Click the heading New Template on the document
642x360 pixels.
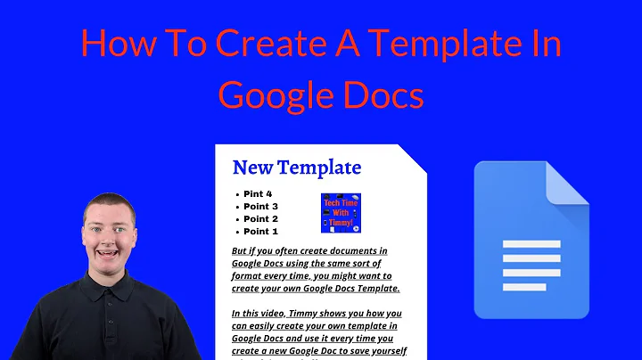pyautogui.click(x=296, y=167)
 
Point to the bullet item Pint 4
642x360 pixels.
pyautogui.click(x=258, y=194)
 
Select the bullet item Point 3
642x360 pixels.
pyautogui.click(x=261, y=207)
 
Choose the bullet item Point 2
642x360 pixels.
pyautogui.click(x=261, y=219)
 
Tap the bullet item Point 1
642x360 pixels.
pyautogui.click(x=261, y=232)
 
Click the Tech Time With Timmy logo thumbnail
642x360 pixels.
pyautogui.click(x=340, y=214)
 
